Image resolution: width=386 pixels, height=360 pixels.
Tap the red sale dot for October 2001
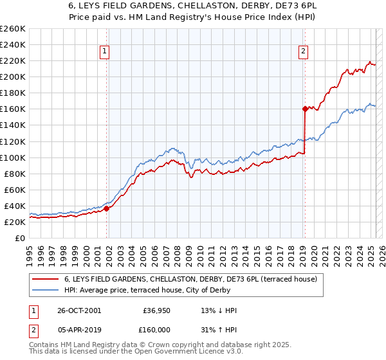point(107,208)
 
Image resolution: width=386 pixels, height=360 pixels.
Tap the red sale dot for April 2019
point(305,109)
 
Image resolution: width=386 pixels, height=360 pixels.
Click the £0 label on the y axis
point(20,238)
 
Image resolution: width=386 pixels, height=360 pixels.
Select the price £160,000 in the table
point(156,328)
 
